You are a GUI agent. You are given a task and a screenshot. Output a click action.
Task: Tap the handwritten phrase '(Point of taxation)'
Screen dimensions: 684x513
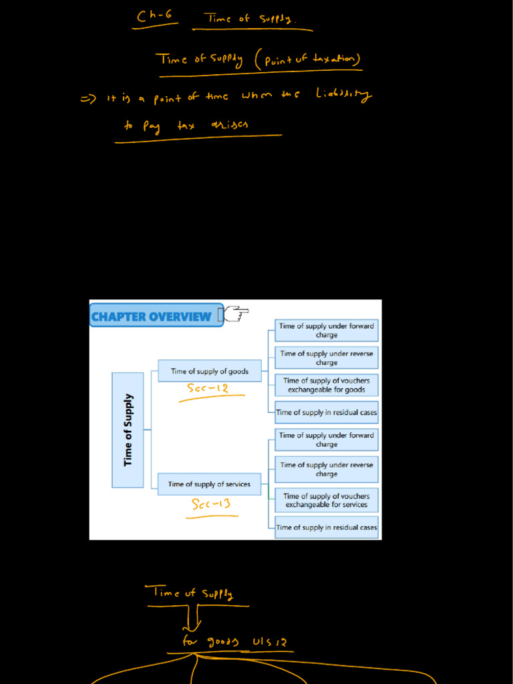pyautogui.click(x=308, y=61)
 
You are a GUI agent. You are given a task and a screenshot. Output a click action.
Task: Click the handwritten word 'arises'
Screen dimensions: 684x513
pyautogui.click(x=229, y=126)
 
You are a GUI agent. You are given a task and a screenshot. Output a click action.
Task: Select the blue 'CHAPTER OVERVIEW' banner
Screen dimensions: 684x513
pyautogui.click(x=152, y=317)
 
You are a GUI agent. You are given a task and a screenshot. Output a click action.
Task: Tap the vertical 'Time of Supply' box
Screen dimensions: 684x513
pyautogui.click(x=128, y=430)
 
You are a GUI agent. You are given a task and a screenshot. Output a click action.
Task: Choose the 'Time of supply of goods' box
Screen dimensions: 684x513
pyautogui.click(x=210, y=371)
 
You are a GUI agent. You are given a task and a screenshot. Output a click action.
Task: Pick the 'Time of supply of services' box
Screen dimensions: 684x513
pyautogui.click(x=209, y=484)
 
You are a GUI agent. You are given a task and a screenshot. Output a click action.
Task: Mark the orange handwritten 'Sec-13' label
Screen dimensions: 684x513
pyautogui.click(x=211, y=504)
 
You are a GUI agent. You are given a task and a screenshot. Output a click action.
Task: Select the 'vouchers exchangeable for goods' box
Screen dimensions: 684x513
pyautogui.click(x=327, y=385)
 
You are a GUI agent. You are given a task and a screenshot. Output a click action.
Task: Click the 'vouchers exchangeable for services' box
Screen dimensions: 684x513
pyautogui.click(x=327, y=500)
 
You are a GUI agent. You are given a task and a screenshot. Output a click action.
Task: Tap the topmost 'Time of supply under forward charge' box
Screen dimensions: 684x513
pyautogui.click(x=327, y=330)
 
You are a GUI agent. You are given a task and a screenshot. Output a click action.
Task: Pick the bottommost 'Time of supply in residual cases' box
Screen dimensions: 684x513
pyautogui.click(x=327, y=527)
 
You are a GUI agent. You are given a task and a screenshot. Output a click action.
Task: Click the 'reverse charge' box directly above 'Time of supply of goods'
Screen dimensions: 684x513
pyautogui.click(x=327, y=358)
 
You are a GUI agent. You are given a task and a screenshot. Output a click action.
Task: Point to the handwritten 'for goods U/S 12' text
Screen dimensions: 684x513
pyautogui.click(x=234, y=642)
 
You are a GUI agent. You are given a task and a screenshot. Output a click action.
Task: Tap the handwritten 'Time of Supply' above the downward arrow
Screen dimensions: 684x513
pyautogui.click(x=193, y=592)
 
